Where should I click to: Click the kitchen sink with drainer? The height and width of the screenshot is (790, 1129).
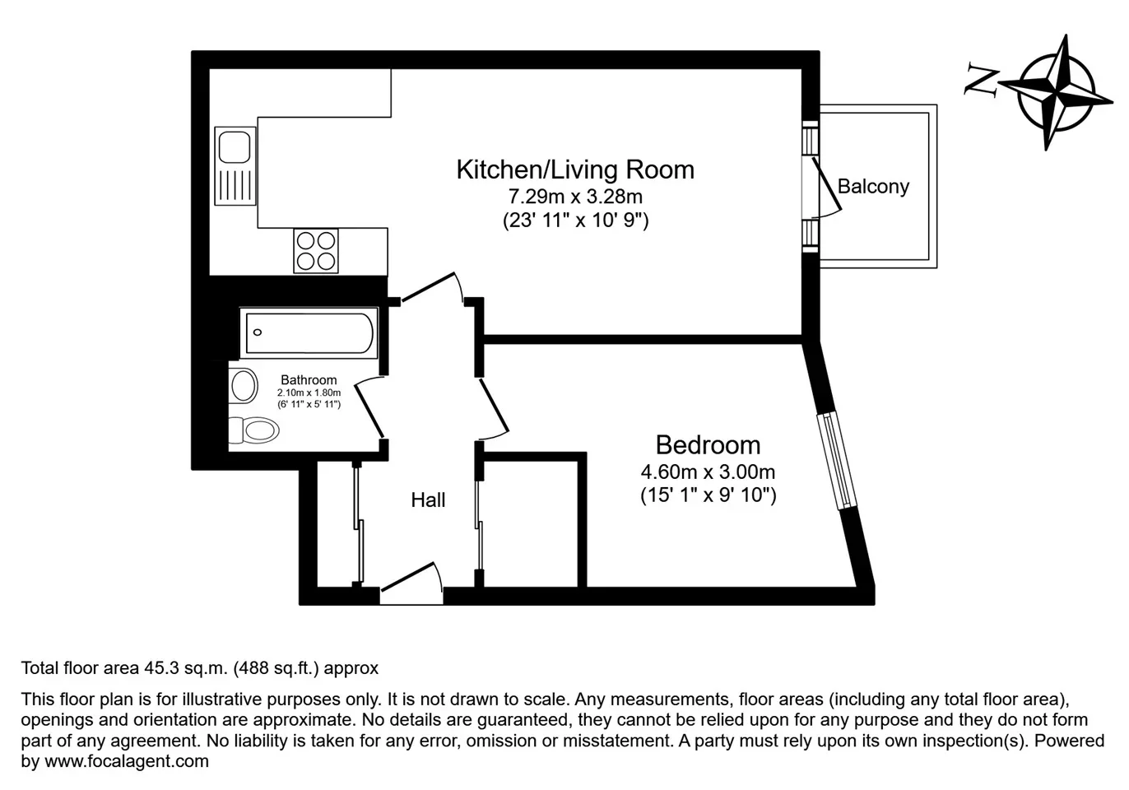click(x=235, y=166)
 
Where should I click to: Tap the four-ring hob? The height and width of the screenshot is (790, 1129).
click(x=316, y=251)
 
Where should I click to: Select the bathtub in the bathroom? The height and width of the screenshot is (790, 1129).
click(x=309, y=332)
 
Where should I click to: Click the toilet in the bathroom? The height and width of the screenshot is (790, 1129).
click(x=253, y=430)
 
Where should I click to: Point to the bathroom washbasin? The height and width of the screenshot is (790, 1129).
click(x=243, y=386)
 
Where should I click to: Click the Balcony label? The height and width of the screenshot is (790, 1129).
click(x=873, y=187)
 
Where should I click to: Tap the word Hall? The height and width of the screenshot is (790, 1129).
click(x=428, y=500)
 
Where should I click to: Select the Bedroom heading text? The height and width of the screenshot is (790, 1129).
click(x=708, y=445)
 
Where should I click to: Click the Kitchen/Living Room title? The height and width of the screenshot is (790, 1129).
click(x=575, y=170)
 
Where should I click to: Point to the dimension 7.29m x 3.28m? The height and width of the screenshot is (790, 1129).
click(x=575, y=196)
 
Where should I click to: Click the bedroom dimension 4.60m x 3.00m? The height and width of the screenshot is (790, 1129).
click(x=708, y=472)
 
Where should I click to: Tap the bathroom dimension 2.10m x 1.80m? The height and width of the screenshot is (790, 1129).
click(x=309, y=393)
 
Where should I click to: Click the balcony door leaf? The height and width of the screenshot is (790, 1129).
click(x=826, y=184)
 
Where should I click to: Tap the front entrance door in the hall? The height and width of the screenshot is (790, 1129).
click(x=408, y=576)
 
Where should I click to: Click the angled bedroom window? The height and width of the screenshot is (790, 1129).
click(x=837, y=460)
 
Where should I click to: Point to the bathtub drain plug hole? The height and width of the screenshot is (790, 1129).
click(x=258, y=332)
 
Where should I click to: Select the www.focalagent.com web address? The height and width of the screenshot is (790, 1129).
click(x=127, y=760)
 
